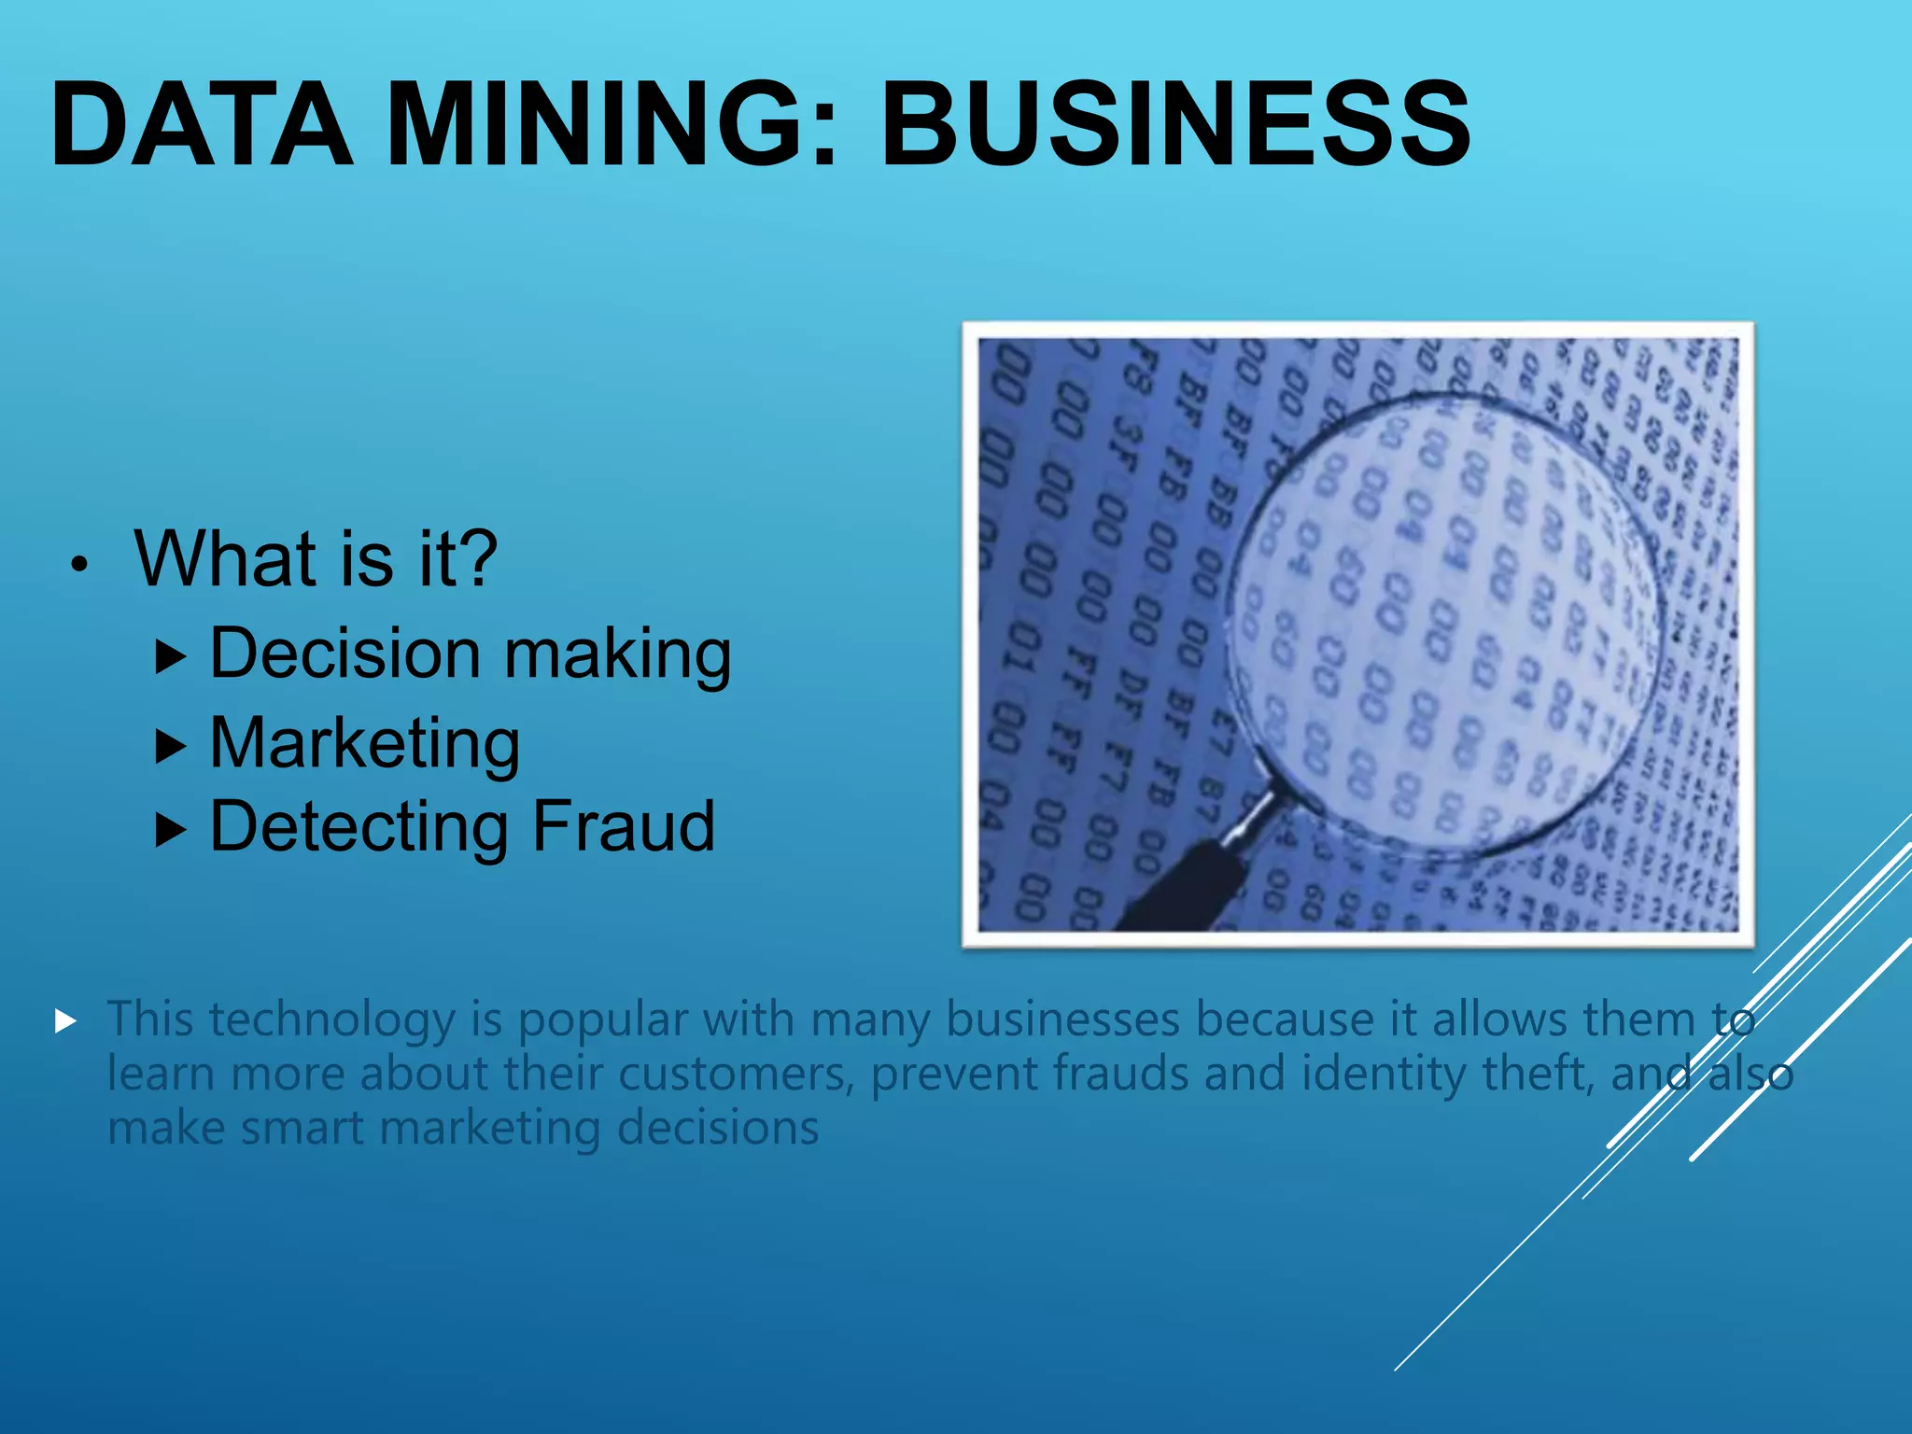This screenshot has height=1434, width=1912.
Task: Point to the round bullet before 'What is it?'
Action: click(x=81, y=564)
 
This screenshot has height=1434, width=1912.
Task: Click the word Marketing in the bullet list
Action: click(x=364, y=744)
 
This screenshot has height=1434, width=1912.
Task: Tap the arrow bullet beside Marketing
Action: click(x=170, y=746)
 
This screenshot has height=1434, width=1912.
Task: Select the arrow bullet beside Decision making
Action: click(x=170, y=657)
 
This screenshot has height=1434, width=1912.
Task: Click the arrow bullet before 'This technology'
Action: click(x=65, y=1020)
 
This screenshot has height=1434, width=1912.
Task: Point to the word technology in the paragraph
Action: click(x=331, y=1019)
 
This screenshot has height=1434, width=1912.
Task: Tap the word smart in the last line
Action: click(x=302, y=1128)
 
